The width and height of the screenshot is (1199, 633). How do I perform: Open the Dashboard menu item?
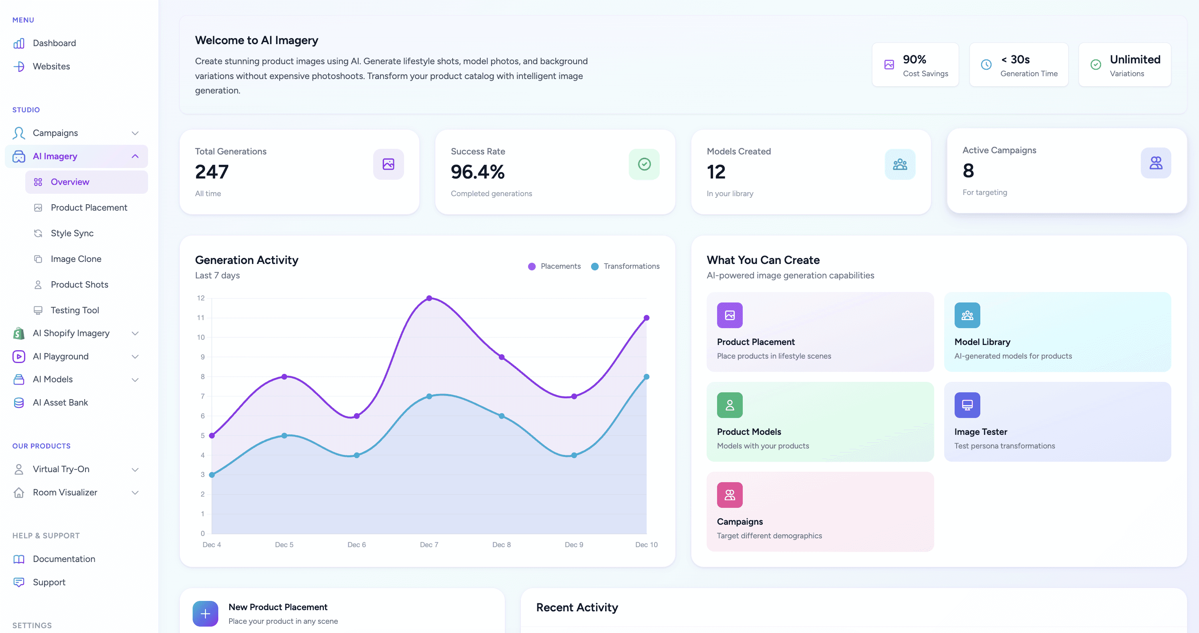[x=54, y=43]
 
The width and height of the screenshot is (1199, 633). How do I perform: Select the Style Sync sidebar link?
[x=72, y=233]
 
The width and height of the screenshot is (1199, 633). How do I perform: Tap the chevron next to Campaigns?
[x=135, y=133]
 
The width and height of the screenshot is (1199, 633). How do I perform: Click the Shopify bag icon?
[x=18, y=333]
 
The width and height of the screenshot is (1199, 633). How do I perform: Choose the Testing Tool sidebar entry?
[x=75, y=310]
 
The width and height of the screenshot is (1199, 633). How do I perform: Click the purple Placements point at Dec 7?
[x=429, y=298]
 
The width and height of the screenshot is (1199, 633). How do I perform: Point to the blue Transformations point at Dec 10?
[x=646, y=377]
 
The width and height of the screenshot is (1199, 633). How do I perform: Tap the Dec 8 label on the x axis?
[x=501, y=545]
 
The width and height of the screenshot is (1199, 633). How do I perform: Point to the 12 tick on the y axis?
[x=201, y=298]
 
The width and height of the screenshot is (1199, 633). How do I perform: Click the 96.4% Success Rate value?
[x=478, y=172]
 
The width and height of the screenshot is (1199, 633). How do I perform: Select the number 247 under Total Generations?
[x=212, y=172]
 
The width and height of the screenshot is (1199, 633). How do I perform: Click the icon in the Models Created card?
[x=900, y=164]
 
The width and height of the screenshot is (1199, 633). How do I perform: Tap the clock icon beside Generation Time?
[x=986, y=65]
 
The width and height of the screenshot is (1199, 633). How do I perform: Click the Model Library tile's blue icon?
[x=967, y=315]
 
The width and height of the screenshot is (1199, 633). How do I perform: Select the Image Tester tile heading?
[x=980, y=432]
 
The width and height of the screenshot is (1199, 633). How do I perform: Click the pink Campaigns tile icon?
[x=730, y=495]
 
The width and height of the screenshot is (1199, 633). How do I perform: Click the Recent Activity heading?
[x=577, y=607]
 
